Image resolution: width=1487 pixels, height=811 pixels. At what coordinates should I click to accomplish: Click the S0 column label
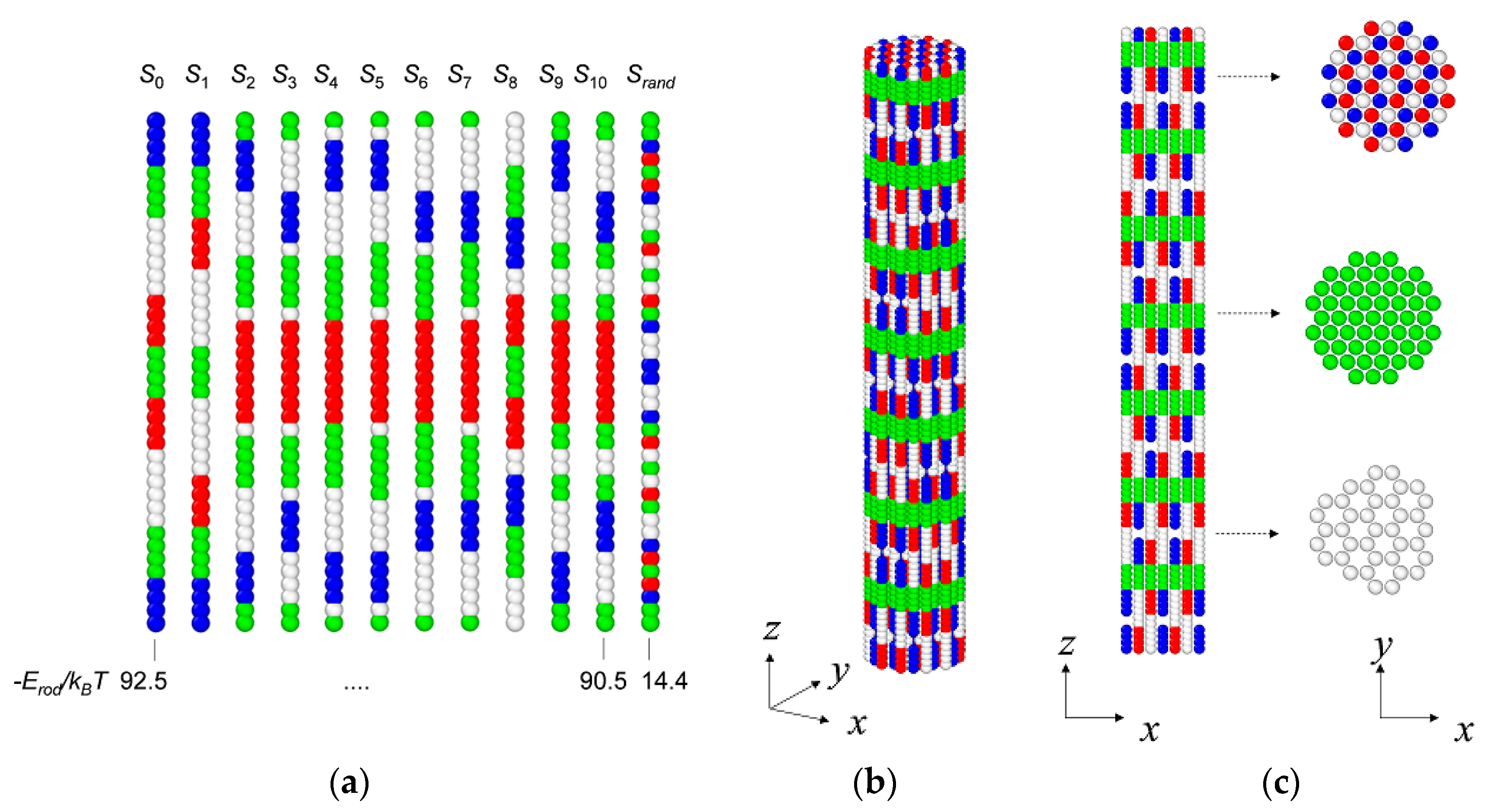pos(152,76)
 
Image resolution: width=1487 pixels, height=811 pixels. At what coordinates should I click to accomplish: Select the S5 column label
pos(372,76)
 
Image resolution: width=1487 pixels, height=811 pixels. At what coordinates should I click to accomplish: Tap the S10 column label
pos(590,76)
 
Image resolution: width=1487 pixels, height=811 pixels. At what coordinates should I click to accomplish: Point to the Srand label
pos(651,76)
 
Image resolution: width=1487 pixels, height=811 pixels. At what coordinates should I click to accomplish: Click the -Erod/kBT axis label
pos(60,683)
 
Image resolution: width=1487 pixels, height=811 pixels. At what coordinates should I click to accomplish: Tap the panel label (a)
pos(349,783)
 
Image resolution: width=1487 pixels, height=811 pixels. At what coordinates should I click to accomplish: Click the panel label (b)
pos(874,783)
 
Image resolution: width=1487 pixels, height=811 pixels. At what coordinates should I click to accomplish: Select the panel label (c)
pos(1281,783)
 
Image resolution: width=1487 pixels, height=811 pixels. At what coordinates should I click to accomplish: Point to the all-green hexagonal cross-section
pos(1373,318)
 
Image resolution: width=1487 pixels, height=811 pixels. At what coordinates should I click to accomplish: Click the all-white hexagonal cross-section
pos(1370,530)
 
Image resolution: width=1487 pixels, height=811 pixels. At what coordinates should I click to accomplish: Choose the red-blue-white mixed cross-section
pos(1388,86)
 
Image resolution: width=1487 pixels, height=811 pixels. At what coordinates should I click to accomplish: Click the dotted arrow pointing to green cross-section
pos(1248,313)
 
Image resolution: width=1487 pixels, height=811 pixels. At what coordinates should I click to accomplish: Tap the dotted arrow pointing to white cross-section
pos(1247,533)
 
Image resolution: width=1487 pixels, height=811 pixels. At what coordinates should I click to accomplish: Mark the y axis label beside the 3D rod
pos(839,673)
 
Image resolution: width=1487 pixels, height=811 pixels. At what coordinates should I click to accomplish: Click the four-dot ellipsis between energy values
pos(356,686)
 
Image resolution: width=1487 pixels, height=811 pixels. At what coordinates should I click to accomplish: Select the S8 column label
pos(505,76)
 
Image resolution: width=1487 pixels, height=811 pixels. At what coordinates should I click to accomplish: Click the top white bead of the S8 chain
pos(515,121)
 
